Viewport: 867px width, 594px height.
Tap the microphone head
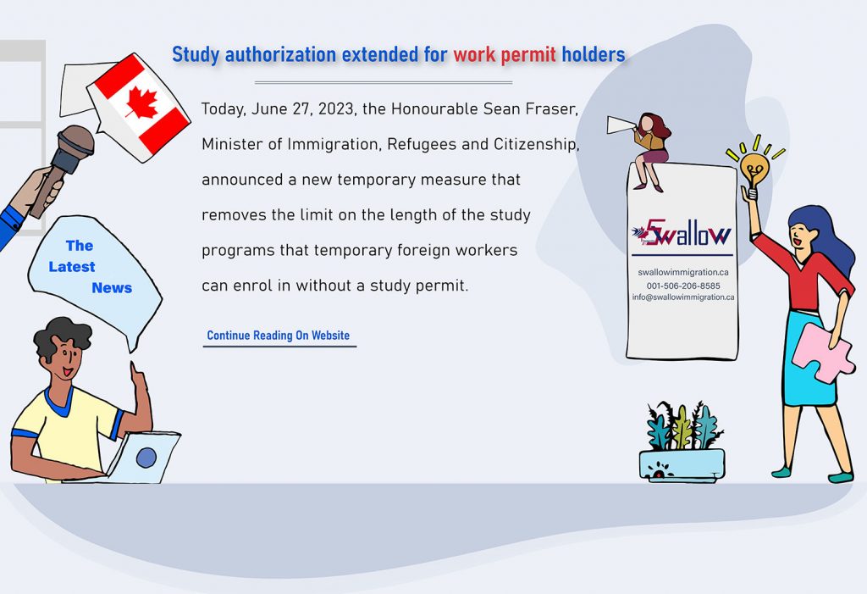pos(75,139)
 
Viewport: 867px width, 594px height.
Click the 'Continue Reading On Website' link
pos(278,336)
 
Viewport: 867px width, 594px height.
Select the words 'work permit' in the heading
pos(505,55)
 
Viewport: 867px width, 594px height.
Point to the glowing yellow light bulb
pos(754,167)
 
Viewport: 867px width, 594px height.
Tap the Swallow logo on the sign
pos(682,233)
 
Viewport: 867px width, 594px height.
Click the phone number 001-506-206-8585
pos(682,286)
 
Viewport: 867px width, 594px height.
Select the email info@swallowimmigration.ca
pos(682,297)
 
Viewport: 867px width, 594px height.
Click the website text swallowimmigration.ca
pos(682,273)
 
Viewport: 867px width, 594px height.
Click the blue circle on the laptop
pos(146,458)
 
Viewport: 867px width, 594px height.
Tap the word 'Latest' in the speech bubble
pos(72,267)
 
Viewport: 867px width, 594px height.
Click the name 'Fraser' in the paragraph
pos(550,108)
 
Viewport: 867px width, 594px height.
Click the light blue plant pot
pos(682,465)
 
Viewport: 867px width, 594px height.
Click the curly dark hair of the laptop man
pos(62,333)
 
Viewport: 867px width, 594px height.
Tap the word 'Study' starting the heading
pos(196,55)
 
